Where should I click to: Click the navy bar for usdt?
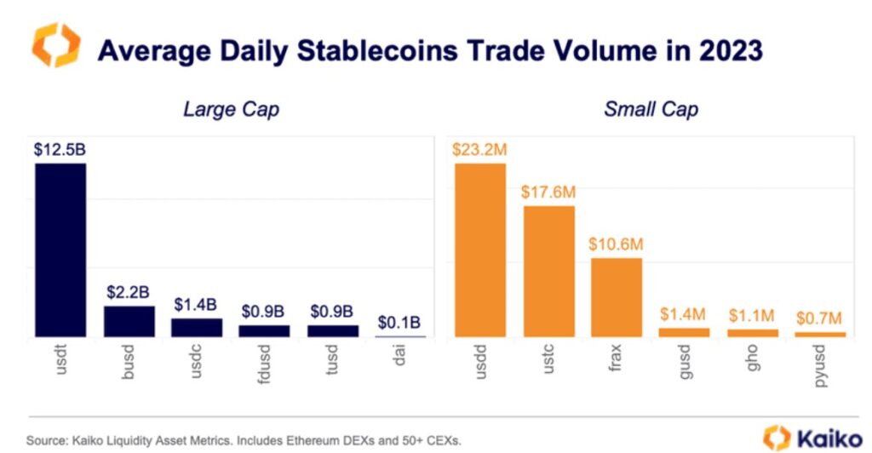tap(60, 250)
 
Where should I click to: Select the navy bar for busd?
tap(129, 321)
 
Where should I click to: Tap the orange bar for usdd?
tap(480, 250)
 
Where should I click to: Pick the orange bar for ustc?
tap(548, 271)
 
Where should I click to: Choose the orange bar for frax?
tap(617, 297)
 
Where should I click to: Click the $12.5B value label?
tap(60, 150)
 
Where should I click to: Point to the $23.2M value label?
tap(480, 150)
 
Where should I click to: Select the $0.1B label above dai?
tap(399, 324)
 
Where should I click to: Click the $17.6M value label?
tap(548, 192)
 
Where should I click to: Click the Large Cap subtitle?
tap(231, 110)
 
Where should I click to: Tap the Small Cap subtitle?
tap(651, 110)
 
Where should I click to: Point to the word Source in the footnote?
tap(44, 440)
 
